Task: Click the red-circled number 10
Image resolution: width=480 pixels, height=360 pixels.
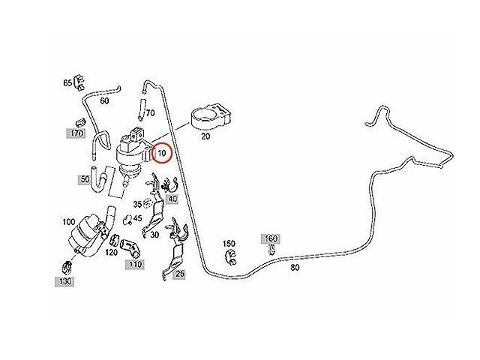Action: [x=161, y=153]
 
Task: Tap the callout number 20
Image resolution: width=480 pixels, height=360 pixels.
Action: [x=205, y=138]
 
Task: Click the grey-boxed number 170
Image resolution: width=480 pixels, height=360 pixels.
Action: [x=76, y=133]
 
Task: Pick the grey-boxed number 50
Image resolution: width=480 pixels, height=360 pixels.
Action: [x=85, y=180]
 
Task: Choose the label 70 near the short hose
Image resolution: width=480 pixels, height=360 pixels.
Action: [x=150, y=113]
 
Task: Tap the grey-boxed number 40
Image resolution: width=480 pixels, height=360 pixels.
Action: [x=172, y=199]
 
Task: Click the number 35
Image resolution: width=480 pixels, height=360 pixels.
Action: [x=138, y=204]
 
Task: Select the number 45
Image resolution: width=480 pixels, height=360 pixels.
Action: [x=138, y=219]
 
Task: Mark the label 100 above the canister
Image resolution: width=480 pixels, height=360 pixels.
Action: [x=68, y=223]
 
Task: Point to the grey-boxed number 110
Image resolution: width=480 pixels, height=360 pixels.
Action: [x=134, y=264]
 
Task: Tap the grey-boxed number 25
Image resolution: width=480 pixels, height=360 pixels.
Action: [x=179, y=274]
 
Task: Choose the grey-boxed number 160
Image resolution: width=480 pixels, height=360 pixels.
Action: [x=271, y=238]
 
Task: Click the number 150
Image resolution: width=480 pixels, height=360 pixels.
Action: [x=229, y=244]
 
